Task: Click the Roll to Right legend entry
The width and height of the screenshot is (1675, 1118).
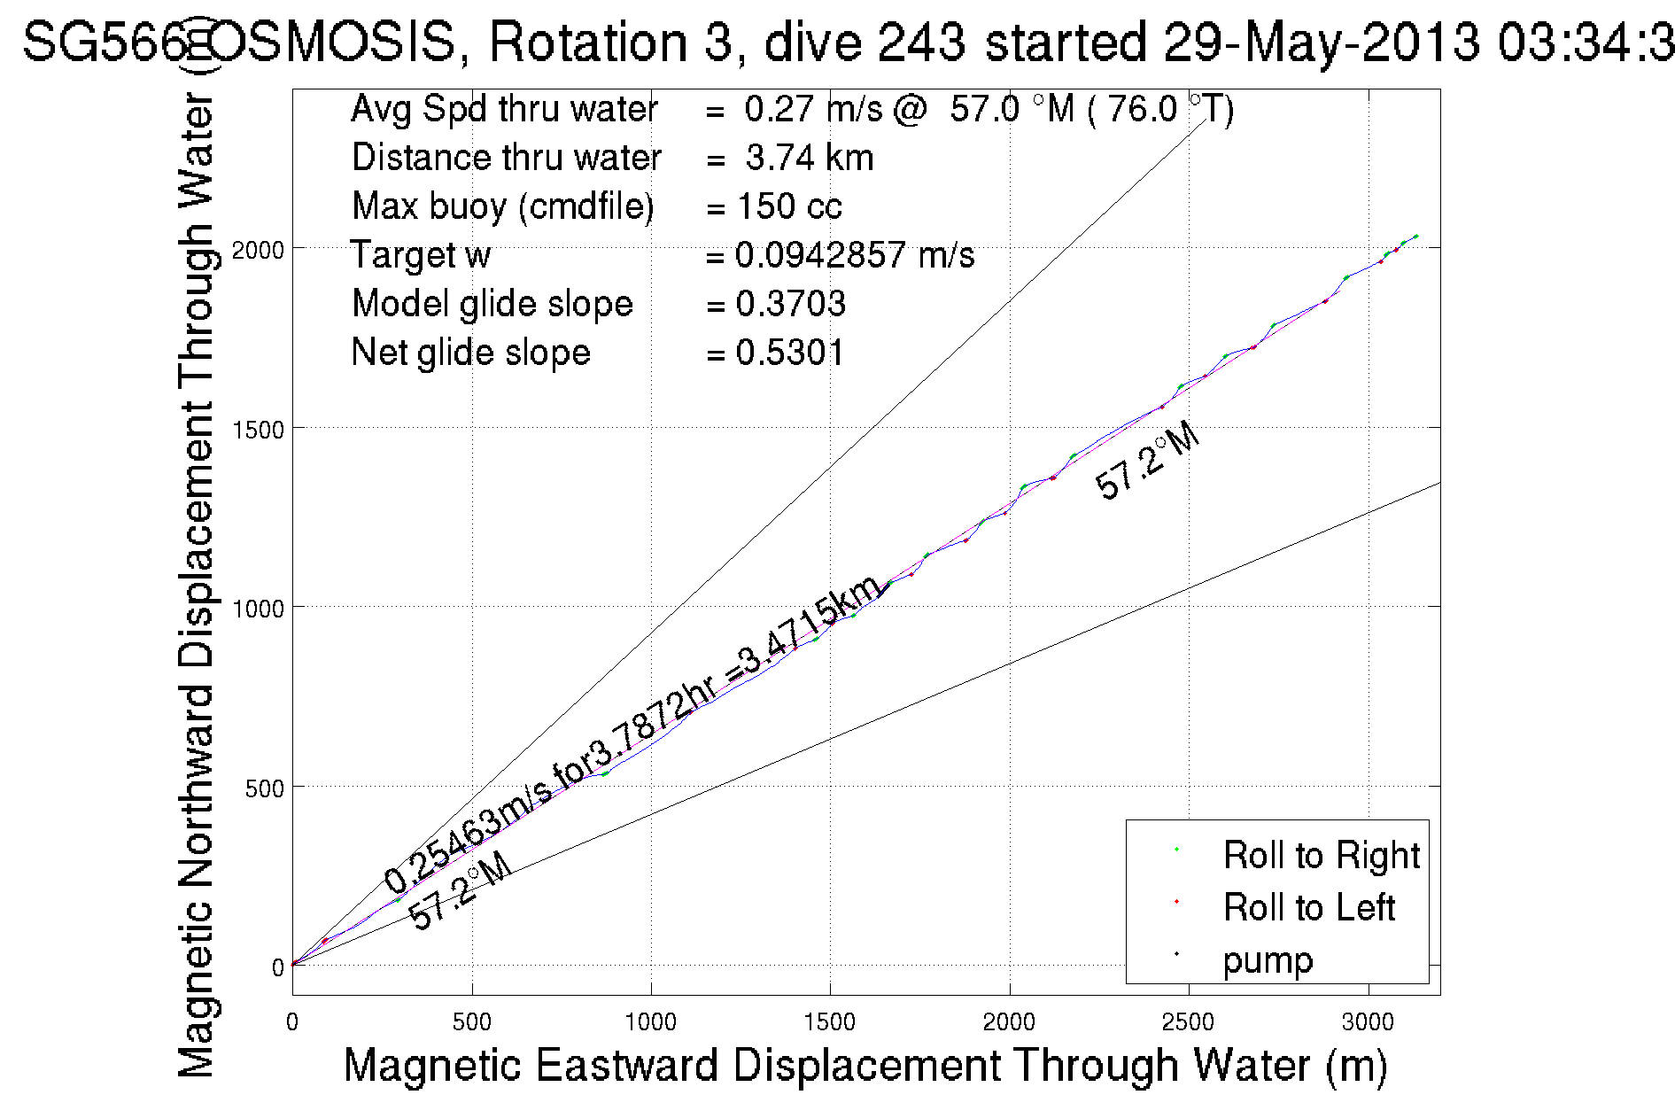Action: pos(1321,856)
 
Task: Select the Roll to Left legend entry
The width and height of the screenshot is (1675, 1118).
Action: pos(1308,908)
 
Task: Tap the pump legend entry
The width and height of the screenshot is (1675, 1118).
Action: pos(1268,960)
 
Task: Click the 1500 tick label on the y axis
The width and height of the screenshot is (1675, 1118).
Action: pos(258,430)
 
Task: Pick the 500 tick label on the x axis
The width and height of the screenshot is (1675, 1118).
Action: pos(471,1022)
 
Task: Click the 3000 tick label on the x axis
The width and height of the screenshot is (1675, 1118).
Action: pos(1368,1022)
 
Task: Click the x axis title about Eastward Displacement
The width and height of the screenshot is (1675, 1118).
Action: pos(865,1065)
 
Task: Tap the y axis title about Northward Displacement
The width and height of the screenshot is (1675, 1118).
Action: pos(197,585)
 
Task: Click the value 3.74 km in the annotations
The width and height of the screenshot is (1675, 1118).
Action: pos(809,158)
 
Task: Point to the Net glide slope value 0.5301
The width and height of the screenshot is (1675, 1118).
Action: pos(790,353)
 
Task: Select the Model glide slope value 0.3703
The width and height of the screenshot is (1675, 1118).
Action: pos(790,304)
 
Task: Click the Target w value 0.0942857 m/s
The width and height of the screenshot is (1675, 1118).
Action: pos(854,255)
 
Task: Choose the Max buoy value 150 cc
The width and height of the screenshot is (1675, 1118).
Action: pos(788,206)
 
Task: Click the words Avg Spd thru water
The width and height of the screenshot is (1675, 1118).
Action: pos(504,109)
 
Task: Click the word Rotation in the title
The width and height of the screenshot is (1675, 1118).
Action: pos(588,42)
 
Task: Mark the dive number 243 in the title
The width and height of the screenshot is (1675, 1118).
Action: pos(921,42)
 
